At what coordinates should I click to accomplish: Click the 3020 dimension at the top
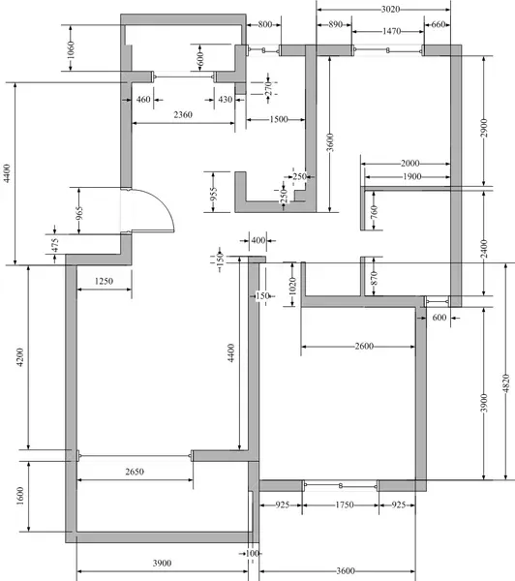point(390,10)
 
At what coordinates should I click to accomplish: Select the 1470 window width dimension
point(392,31)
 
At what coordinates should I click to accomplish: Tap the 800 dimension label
point(265,24)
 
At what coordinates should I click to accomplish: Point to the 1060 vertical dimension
point(71,49)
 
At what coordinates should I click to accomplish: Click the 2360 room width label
point(183,115)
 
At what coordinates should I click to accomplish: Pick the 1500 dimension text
point(279,119)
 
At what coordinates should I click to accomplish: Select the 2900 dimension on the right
point(484,128)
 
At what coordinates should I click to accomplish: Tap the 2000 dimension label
point(410,163)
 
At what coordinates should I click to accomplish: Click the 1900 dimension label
point(412,176)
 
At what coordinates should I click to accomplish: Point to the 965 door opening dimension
point(79,213)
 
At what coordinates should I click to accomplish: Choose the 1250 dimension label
point(104,281)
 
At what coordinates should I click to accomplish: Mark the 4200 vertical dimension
point(20,356)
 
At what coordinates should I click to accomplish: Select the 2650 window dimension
point(135,472)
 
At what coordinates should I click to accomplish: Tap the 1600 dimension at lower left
point(20,496)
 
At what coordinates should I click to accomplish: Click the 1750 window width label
point(345,505)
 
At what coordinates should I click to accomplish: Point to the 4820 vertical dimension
point(506,383)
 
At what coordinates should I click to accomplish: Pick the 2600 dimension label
point(364,346)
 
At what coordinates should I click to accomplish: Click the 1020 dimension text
point(292,286)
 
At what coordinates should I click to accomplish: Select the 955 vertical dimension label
point(213,195)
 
